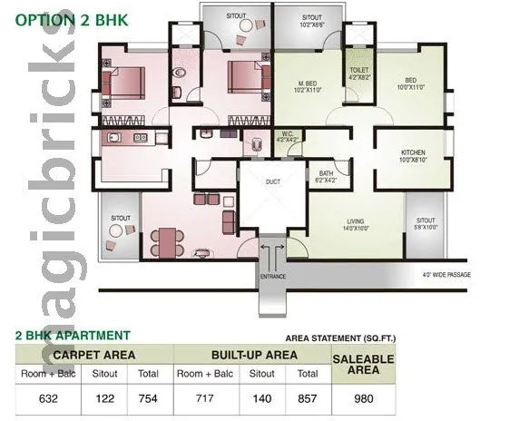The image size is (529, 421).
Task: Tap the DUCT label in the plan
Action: point(271,181)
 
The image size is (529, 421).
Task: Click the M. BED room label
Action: point(306,83)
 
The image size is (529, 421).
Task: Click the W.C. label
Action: point(288,137)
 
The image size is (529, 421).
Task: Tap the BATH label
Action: point(326,175)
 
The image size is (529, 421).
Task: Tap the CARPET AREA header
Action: point(94,354)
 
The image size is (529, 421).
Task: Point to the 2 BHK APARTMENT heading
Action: point(73,335)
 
